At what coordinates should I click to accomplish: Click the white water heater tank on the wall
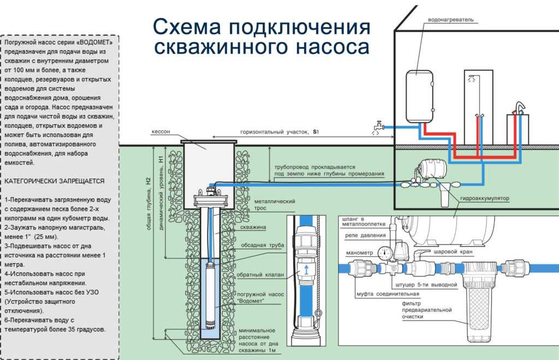pos(419,96)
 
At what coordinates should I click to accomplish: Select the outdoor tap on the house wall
pos(377,126)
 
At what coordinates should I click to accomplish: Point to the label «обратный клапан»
pos(261,274)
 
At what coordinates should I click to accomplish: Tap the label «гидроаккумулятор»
pos(484,199)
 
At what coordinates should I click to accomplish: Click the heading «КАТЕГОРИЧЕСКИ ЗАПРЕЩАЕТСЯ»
pos(54,180)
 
